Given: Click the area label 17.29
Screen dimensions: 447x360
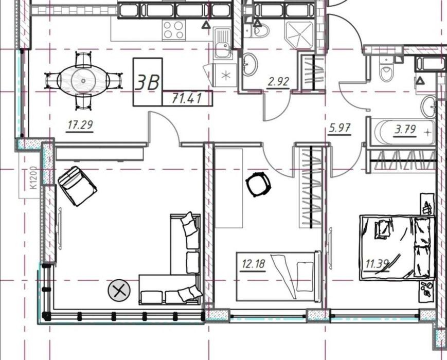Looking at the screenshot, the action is coord(80,125).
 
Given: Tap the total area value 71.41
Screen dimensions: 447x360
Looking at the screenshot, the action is coord(187,98).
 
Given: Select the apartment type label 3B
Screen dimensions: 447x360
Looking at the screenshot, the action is coord(147,82).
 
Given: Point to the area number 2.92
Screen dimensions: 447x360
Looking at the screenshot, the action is coord(278,82).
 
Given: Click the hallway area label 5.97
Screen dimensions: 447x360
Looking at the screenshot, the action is coord(339,128).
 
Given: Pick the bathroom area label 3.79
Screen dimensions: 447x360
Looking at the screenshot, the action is coord(405,130).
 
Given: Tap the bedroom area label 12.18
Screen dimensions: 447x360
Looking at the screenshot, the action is coord(253,264).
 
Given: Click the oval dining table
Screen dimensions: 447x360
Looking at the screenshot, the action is coord(83,81).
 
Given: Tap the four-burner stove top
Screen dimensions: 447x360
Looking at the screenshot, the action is coord(173,30).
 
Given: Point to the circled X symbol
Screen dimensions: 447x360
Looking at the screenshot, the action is coord(119,291).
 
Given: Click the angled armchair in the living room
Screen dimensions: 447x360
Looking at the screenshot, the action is coord(77,186).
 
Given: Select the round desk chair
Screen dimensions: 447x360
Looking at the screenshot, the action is coord(258,184).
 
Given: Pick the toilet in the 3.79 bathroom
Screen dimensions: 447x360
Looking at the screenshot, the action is coord(387,68).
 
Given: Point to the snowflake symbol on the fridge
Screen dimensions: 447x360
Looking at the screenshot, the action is coord(225,76).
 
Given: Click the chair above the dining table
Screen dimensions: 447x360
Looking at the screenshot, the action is coord(83,59).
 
